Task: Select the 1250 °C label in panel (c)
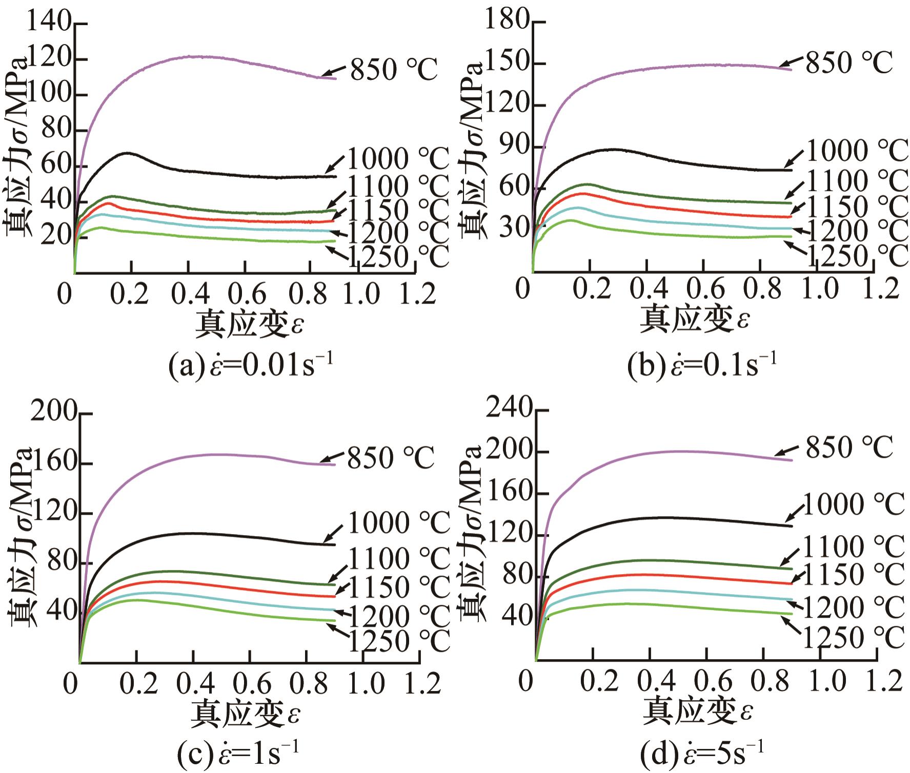399,641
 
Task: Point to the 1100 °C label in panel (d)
853,547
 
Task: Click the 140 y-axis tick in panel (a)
49,23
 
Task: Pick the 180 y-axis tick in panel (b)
505,22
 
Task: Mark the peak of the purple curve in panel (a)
197,56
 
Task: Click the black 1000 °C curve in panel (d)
666,517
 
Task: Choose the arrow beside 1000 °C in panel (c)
333,533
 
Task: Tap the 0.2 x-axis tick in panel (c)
135,683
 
